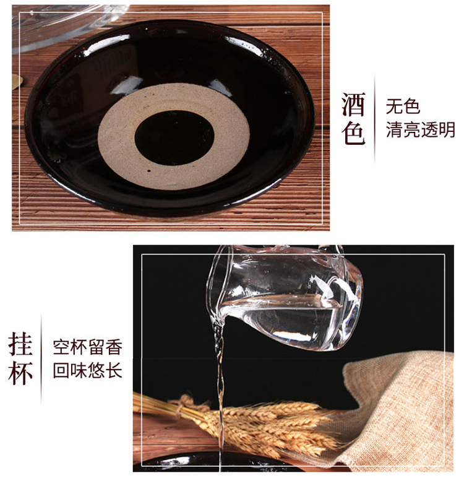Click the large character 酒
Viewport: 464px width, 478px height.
[353, 104]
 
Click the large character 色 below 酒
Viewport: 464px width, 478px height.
[353, 132]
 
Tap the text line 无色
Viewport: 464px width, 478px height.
[403, 106]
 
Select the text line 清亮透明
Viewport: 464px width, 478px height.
[421, 129]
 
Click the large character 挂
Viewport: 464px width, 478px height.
[20, 344]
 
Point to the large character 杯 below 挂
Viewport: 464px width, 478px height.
[20, 373]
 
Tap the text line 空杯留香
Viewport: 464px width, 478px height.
[88, 347]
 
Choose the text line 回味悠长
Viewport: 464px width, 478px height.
[88, 370]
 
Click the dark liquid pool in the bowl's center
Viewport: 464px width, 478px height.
[174, 138]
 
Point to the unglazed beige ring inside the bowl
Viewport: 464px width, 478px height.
[116, 137]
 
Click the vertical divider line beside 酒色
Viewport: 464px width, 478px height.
[374, 119]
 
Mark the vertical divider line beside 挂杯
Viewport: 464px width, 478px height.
[41, 358]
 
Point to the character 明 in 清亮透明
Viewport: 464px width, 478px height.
[447, 129]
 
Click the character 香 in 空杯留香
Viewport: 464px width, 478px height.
[114, 347]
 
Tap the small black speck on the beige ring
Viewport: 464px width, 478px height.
[148, 171]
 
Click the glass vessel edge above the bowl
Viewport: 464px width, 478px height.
[61, 33]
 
